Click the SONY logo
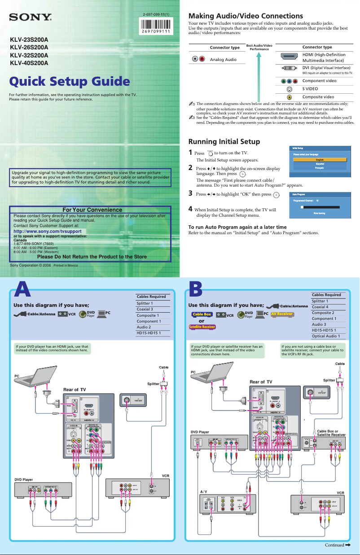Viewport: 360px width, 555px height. [31, 18]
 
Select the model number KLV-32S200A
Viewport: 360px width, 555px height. [29, 55]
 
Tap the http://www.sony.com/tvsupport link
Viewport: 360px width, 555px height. [48, 231]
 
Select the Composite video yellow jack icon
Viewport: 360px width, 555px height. [290, 97]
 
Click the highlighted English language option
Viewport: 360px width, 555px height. [320, 160]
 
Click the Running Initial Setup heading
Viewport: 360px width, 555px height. [224, 141]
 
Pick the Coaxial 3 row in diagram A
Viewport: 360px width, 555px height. [145, 309]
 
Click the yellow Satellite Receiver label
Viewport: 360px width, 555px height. [202, 327]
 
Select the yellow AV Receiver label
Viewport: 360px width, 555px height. [282, 314]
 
